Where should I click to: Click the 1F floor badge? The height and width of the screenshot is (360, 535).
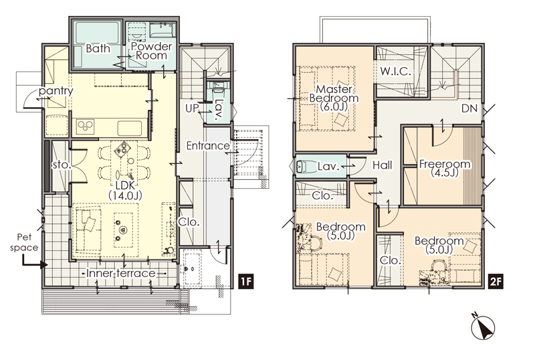pos(245,282)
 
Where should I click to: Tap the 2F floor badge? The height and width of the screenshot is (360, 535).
pos(496,282)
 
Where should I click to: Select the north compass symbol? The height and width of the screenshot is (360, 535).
pos(482,326)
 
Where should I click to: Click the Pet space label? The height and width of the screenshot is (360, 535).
pos(24,242)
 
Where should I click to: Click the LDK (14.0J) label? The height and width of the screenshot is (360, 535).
pos(125,190)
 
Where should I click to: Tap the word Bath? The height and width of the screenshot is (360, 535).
pos(98,48)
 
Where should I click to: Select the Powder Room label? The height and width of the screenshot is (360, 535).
pos(152,51)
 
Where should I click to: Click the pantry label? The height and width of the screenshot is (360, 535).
pos(56,91)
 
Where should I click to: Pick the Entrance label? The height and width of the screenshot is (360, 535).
pos(208,146)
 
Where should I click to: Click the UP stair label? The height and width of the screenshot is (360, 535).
pos(192,108)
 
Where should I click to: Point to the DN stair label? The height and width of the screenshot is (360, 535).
pos(469,108)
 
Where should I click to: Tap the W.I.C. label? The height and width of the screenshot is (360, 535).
pos(395,72)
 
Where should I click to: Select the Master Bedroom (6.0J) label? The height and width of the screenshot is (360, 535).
pos(334,98)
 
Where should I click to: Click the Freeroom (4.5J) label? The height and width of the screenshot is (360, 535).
pos(445,168)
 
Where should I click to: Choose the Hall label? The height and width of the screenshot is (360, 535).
pos(382,165)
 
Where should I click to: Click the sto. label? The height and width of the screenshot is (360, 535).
pos(62,165)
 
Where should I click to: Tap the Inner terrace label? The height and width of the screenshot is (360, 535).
pos(121,273)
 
